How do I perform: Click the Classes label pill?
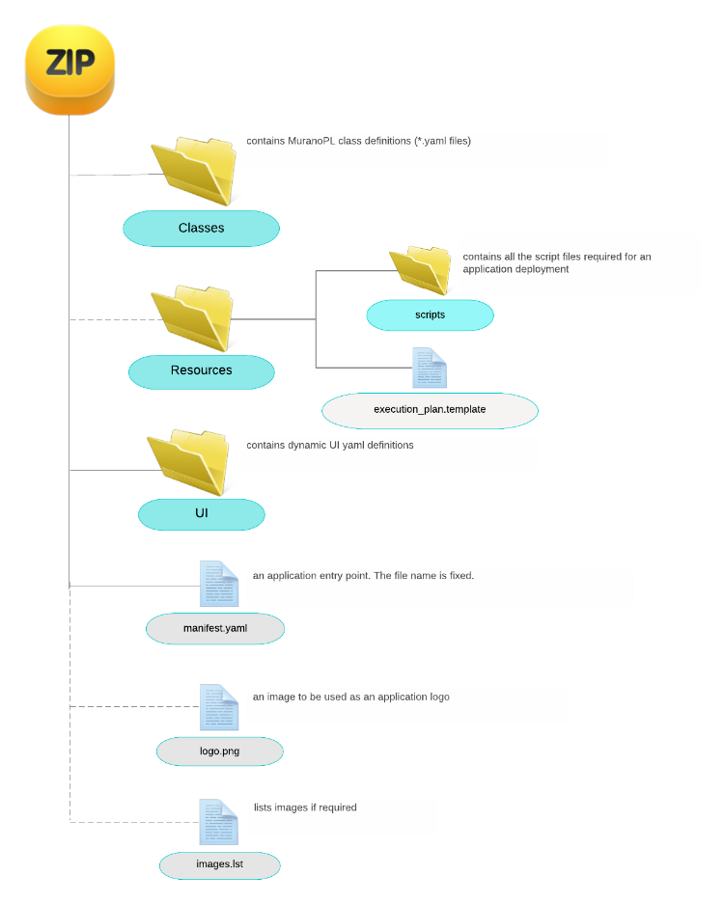tap(201, 229)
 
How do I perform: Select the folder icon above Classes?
tap(195, 170)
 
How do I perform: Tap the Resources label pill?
tap(201, 370)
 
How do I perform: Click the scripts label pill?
tap(430, 315)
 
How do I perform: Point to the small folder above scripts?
tap(421, 268)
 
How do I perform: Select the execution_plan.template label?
tap(430, 410)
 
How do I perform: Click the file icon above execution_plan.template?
tap(430, 368)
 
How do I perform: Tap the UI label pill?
tap(201, 513)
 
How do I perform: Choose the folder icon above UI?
tap(189, 462)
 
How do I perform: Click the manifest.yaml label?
tap(215, 628)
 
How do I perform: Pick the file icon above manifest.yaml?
tap(219, 584)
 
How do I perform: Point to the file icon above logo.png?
tap(219, 707)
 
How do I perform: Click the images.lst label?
tap(219, 864)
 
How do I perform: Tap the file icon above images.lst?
tap(219, 822)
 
